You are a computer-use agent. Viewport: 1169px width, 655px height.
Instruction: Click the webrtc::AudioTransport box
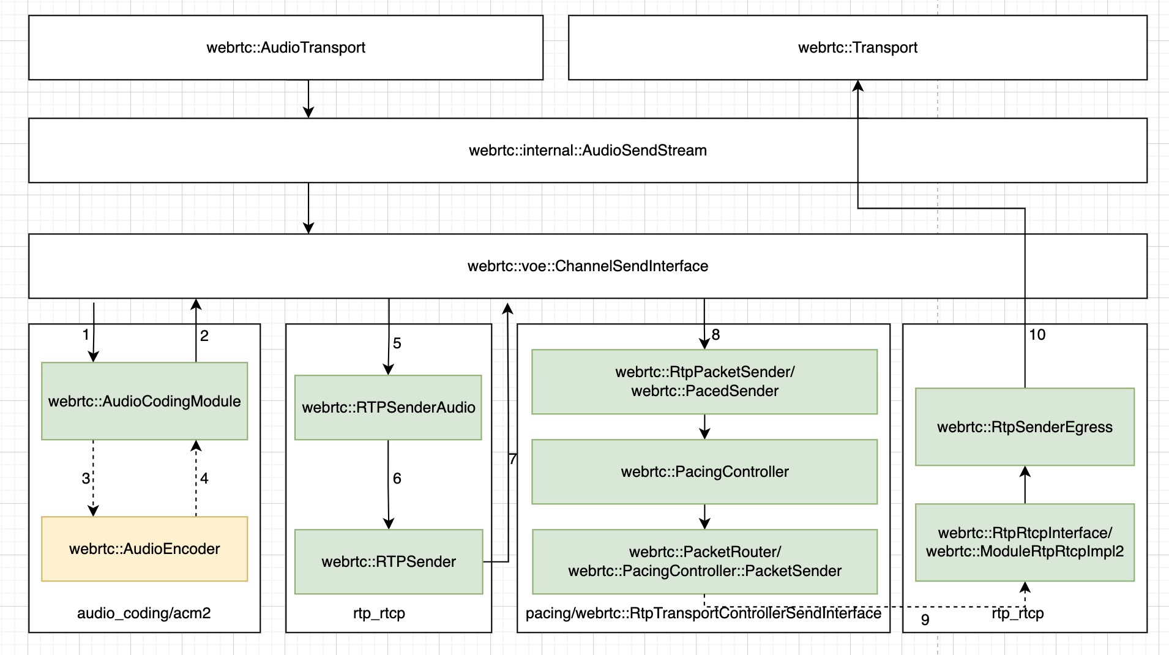point(286,48)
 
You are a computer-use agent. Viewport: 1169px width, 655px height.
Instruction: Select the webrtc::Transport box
point(857,48)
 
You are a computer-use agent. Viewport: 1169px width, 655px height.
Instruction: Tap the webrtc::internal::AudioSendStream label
point(588,151)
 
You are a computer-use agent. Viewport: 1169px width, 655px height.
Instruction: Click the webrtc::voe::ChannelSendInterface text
point(588,266)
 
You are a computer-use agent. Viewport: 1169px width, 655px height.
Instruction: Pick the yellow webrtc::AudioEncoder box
point(144,548)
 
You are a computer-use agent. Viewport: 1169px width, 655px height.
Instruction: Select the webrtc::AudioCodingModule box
point(144,401)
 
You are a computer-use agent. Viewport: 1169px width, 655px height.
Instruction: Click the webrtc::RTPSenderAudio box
point(388,407)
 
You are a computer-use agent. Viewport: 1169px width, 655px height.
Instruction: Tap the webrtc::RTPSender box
point(388,561)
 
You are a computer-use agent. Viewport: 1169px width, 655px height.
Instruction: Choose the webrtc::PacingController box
point(704,472)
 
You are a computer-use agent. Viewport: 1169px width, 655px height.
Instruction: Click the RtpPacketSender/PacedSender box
point(704,381)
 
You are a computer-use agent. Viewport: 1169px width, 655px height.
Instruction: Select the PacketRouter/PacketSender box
point(704,561)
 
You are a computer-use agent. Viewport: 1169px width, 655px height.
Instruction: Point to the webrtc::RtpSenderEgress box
point(1025,427)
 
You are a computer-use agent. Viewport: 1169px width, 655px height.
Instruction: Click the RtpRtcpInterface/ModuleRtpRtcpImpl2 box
point(1025,542)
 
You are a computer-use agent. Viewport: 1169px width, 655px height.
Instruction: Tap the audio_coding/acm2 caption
point(144,613)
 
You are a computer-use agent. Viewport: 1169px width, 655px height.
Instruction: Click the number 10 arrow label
point(1037,335)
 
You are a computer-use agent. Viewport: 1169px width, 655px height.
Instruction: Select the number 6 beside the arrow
point(397,479)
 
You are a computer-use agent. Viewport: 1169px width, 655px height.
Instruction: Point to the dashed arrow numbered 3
point(93,478)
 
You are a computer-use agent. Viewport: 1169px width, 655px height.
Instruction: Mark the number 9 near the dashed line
point(925,620)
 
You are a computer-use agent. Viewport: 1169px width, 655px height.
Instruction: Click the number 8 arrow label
point(715,335)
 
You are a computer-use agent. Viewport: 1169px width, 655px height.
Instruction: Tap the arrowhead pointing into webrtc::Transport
point(858,86)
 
